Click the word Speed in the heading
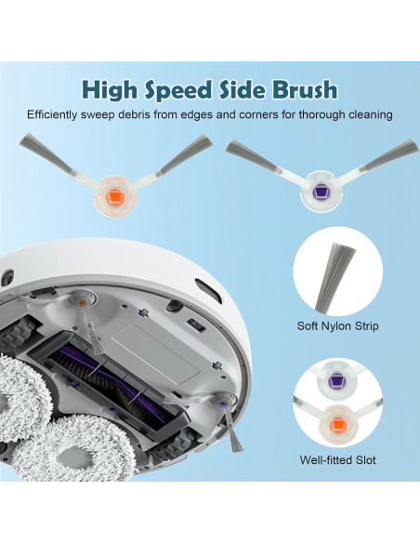tap(177, 91)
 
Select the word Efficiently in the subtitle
tap(52, 114)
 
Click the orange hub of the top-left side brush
tap(115, 197)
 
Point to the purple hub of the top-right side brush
tap(322, 192)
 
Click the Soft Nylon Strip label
tap(337, 325)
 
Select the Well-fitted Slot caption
tap(337, 460)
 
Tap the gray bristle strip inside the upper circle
tap(334, 277)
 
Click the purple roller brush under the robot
tap(114, 383)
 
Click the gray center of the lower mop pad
tap(74, 457)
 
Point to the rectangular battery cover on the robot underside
tap(157, 352)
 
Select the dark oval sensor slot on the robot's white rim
tap(208, 290)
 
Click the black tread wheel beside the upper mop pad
tap(19, 333)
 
